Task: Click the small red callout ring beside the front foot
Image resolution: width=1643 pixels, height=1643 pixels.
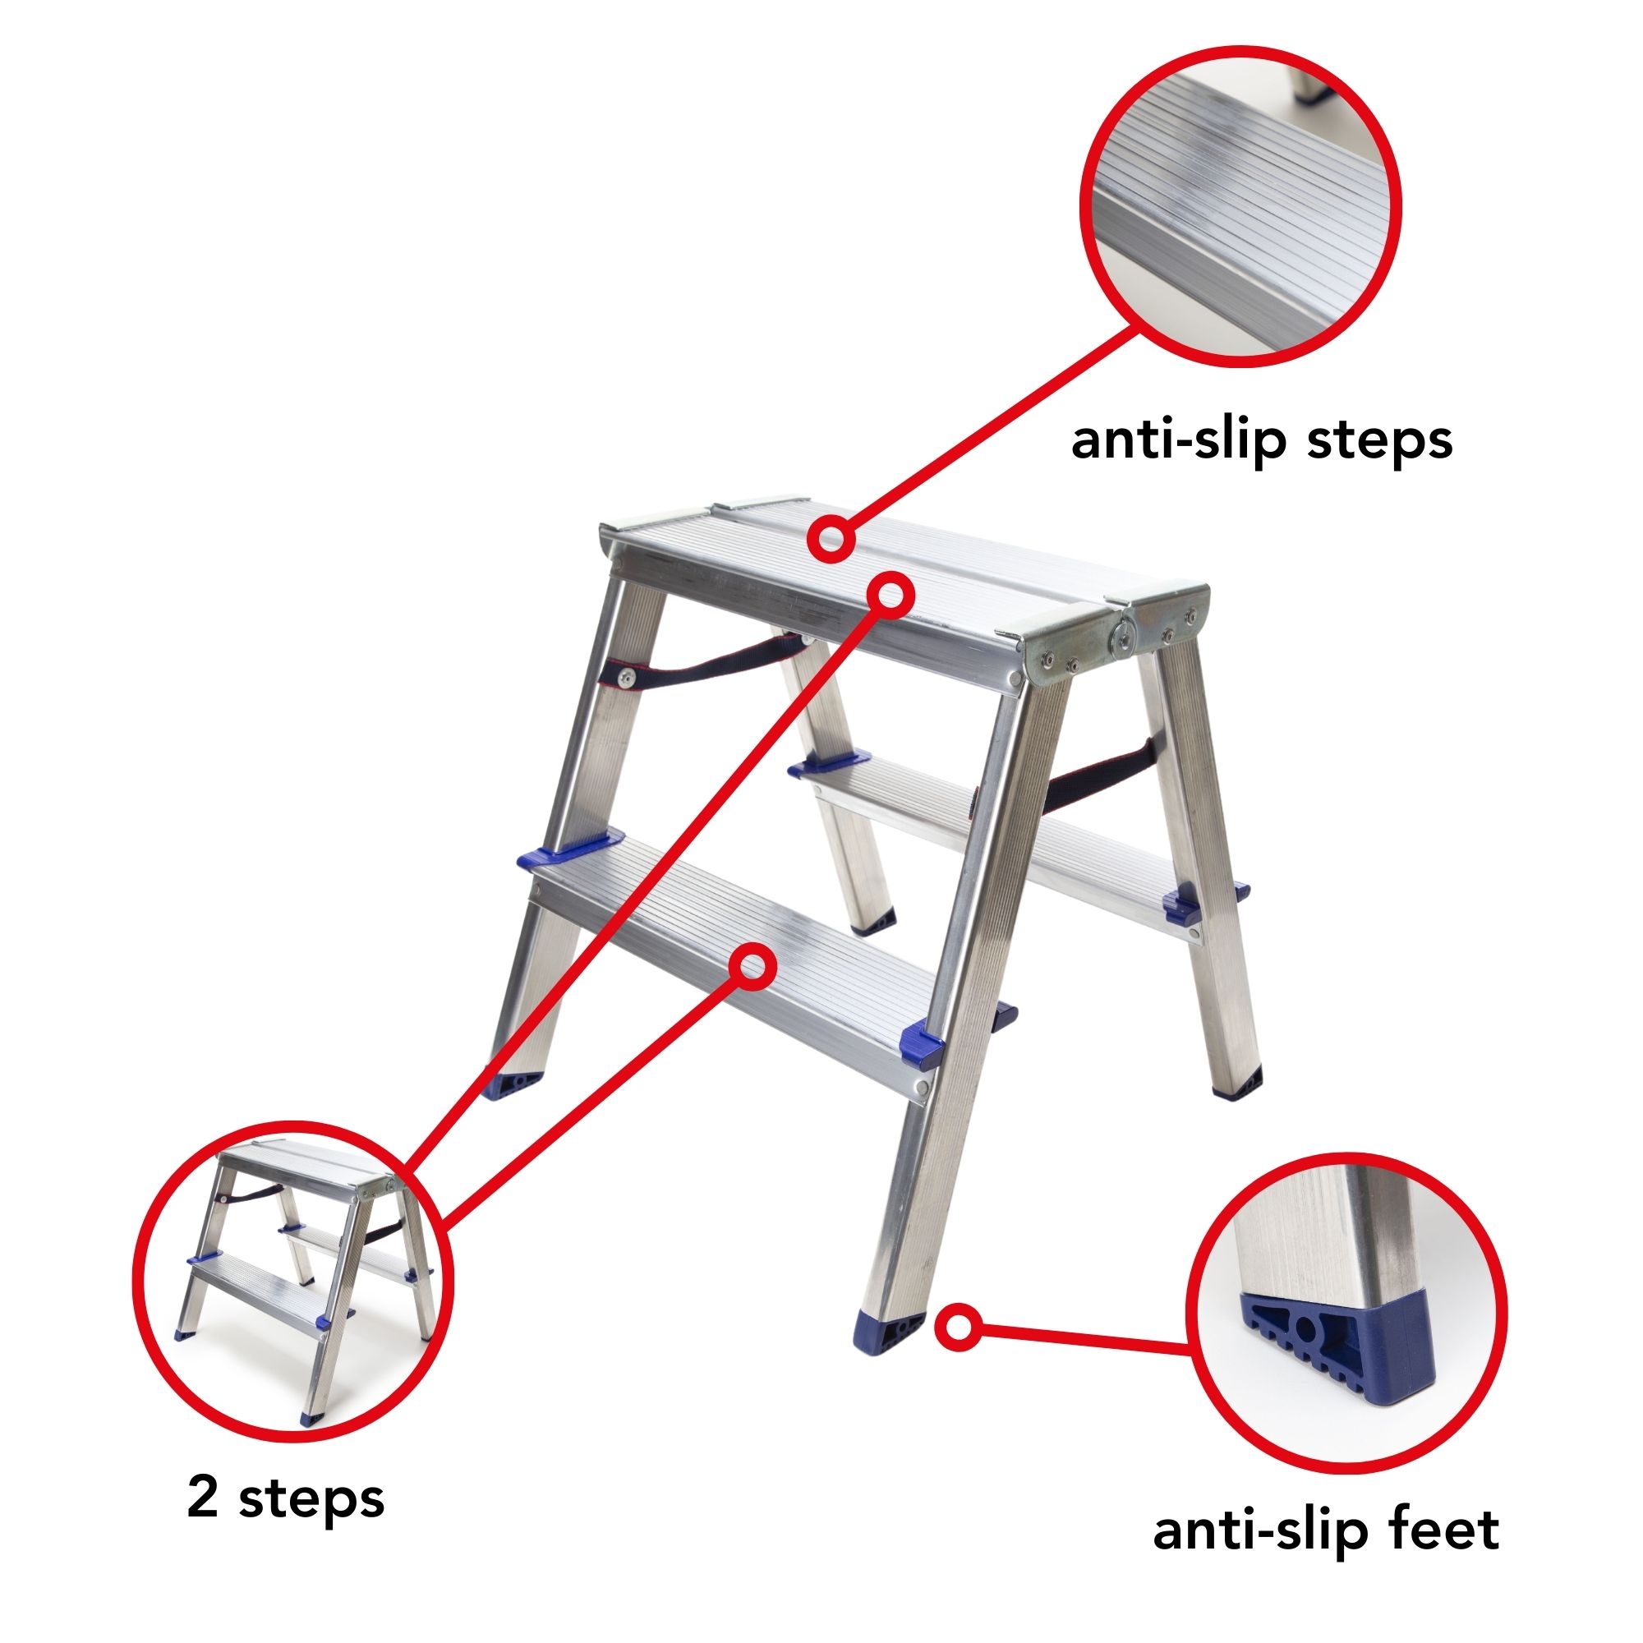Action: click(959, 1326)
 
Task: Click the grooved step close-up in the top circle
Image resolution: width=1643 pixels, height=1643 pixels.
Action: click(1240, 207)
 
